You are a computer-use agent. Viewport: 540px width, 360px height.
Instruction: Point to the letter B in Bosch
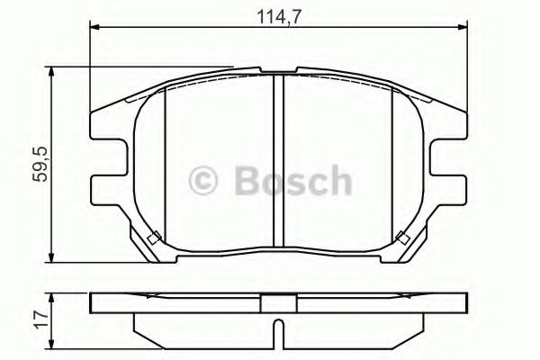click(x=248, y=179)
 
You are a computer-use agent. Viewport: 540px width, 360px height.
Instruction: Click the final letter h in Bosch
click(x=337, y=179)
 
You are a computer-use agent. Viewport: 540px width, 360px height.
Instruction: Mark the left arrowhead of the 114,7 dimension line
click(x=94, y=28)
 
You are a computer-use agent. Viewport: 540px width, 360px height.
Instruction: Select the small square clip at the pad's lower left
click(x=152, y=238)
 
